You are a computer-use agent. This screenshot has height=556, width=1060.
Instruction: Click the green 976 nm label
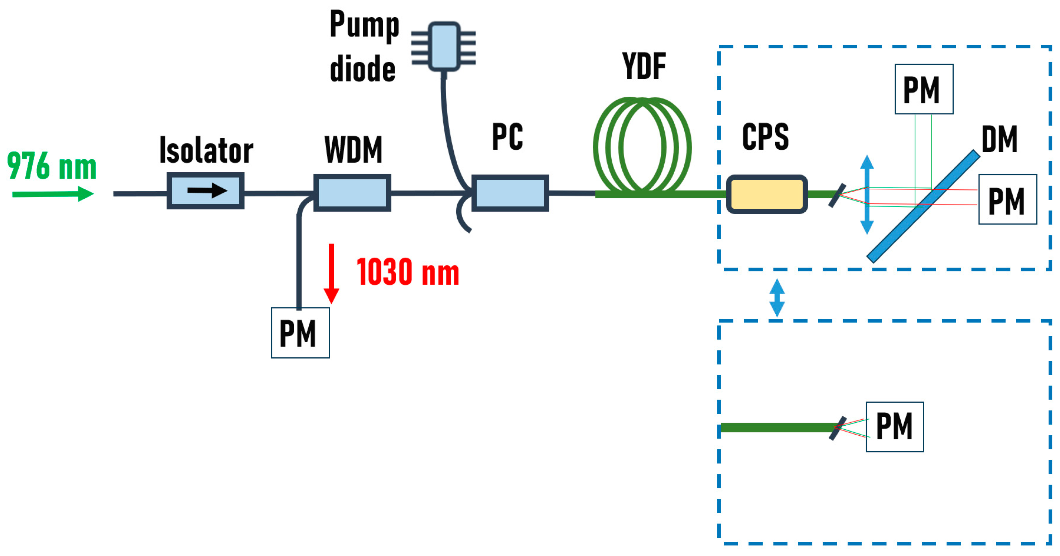[x=52, y=166]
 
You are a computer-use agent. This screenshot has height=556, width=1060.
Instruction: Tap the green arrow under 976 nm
[x=53, y=194]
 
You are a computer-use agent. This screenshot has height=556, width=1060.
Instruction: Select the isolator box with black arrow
[x=205, y=191]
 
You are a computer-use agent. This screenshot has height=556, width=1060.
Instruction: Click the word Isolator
[x=206, y=150]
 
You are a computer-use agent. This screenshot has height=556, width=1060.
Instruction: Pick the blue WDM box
[x=352, y=193]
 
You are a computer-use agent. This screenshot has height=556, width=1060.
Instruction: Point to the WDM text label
[x=353, y=150]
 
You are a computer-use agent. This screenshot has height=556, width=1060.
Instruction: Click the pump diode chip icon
[x=444, y=47]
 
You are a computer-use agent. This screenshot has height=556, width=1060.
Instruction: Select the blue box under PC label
[x=510, y=193]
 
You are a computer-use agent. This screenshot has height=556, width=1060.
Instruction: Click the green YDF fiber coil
[x=642, y=146]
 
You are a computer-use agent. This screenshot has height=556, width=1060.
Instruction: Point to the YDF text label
[x=644, y=66]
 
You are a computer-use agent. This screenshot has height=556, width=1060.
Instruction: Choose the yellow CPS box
[x=767, y=194]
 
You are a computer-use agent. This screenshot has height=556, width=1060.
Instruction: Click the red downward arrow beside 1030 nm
[x=331, y=274]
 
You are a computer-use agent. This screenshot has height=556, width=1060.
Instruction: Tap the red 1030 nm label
[x=408, y=272]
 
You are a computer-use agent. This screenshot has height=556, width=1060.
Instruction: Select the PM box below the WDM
[x=300, y=333]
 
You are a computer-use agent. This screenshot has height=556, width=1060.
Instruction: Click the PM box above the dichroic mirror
[x=924, y=89]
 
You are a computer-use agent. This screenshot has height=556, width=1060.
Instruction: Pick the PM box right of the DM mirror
[x=1007, y=199]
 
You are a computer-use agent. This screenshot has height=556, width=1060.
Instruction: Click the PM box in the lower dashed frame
[x=895, y=426]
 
